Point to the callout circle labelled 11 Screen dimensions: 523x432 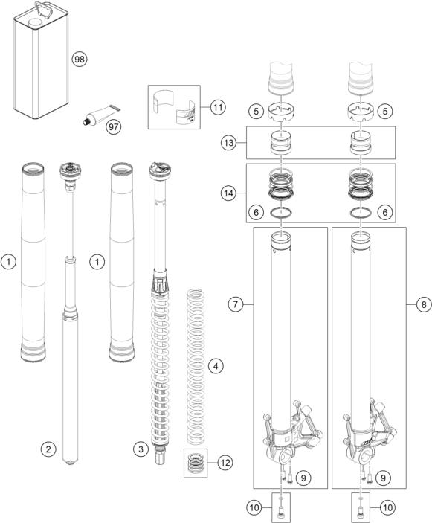click(x=216, y=107)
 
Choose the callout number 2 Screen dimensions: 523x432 click(x=48, y=449)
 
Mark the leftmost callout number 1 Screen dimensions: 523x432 click(x=8, y=261)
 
